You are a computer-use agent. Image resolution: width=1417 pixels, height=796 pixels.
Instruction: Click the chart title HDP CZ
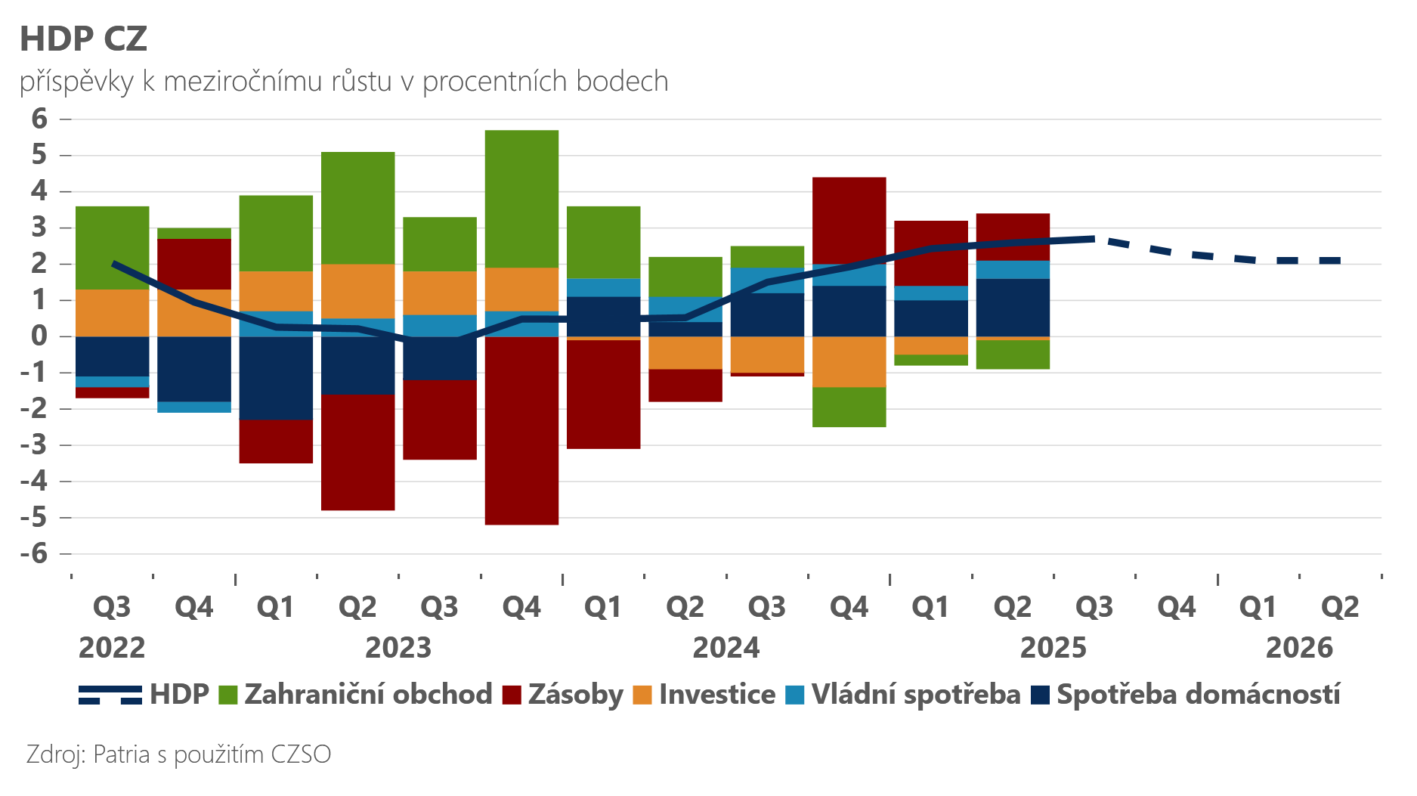click(83, 39)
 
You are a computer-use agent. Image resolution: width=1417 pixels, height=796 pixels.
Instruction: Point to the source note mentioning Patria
click(178, 754)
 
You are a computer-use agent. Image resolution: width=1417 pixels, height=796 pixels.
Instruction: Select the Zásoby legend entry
click(563, 695)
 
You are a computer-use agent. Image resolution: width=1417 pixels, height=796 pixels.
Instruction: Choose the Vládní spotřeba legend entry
click(903, 695)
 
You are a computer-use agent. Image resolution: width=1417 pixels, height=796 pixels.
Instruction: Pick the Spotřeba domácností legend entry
click(1187, 695)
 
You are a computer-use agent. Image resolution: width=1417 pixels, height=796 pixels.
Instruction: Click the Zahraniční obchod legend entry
click(355, 695)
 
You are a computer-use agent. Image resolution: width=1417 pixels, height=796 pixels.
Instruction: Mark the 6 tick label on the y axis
click(39, 119)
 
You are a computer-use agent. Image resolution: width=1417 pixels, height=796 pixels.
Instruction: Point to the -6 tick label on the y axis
click(34, 553)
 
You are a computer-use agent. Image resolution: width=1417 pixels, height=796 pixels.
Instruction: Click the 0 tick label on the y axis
click(39, 336)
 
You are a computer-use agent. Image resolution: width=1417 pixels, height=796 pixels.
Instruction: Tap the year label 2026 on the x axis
click(1299, 648)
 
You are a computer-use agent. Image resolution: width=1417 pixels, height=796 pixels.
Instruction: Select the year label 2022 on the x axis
click(112, 648)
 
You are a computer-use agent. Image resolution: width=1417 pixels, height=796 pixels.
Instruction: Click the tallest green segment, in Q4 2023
click(521, 199)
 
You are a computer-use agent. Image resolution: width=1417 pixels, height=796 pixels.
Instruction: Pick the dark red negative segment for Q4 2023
click(521, 430)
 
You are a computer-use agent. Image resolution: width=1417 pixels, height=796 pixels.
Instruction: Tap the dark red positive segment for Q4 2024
click(849, 219)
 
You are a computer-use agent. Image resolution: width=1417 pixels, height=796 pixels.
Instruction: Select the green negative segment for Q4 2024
click(849, 407)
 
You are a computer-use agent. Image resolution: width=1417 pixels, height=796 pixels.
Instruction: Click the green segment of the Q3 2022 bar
click(112, 248)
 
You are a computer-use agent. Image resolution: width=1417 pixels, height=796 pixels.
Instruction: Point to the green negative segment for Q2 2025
click(1013, 355)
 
